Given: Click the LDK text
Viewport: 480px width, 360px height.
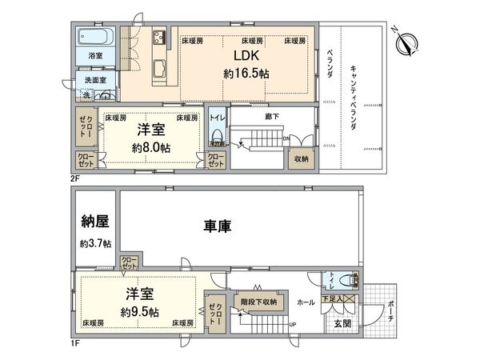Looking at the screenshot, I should pyautogui.click(x=246, y=56).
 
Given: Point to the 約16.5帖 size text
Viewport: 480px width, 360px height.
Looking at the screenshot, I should pyautogui.click(x=246, y=73).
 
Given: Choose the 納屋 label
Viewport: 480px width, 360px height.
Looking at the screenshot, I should pyautogui.click(x=95, y=221).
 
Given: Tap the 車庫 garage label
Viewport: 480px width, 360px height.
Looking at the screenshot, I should pyautogui.click(x=216, y=227).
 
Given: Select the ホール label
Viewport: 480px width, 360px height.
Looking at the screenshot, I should pyautogui.click(x=306, y=303).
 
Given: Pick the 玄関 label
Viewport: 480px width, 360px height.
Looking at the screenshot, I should pyautogui.click(x=341, y=323).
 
